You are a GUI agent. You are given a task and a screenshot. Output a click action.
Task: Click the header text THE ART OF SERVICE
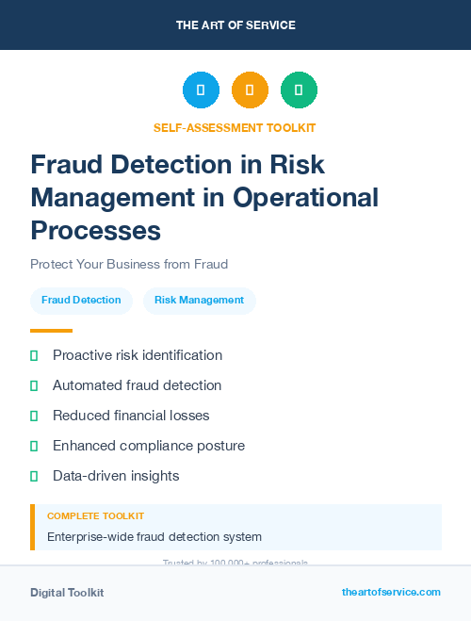[235, 25]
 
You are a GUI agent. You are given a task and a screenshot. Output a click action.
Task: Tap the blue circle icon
[201, 90]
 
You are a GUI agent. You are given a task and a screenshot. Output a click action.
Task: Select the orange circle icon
[250, 90]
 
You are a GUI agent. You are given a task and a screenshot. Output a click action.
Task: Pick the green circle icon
[299, 90]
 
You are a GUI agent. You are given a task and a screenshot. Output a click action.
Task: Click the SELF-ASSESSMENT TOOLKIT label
[235, 127]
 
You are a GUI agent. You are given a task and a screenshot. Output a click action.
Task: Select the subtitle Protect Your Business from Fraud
[129, 264]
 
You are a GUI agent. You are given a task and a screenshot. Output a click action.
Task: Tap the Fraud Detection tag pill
[81, 301]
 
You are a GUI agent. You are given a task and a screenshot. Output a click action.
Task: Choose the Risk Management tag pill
[199, 301]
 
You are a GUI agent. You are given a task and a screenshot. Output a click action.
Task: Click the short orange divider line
[51, 331]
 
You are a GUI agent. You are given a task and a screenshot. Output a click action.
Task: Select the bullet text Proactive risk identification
[138, 355]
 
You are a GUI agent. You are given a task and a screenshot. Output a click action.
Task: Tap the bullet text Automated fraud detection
[138, 385]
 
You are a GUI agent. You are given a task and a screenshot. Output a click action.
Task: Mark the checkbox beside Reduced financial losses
[34, 416]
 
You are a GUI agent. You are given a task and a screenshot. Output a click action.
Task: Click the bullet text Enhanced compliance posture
[149, 446]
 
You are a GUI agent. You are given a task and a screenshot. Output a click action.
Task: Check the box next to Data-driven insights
[34, 476]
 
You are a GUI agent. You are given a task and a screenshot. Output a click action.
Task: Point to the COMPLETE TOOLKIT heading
[95, 516]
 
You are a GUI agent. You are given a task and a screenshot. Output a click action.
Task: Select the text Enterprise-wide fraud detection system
[154, 537]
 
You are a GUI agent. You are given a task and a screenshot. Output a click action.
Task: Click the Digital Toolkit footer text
[67, 593]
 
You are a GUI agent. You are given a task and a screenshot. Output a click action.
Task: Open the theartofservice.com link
[391, 592]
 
